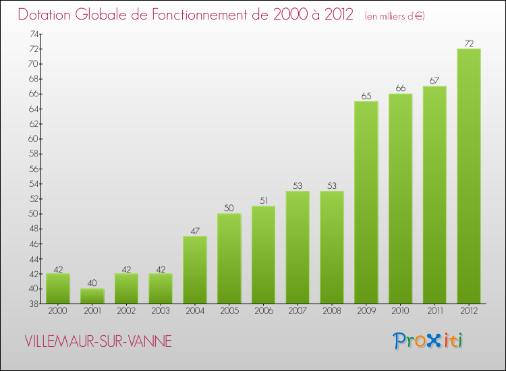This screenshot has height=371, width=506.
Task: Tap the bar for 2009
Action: point(366,202)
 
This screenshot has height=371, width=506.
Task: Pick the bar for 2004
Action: point(194,269)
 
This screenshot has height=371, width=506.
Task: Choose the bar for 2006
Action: point(263,254)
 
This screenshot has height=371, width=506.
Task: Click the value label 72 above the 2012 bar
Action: point(468,44)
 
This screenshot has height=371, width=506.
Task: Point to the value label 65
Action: point(366,96)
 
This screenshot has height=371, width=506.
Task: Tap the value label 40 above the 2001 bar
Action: point(92,283)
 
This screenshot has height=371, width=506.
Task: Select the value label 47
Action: point(194,231)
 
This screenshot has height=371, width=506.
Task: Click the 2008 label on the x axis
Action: point(331,310)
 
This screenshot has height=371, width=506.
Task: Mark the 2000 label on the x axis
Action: point(57,310)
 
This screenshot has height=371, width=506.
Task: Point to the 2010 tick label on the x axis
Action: point(400,310)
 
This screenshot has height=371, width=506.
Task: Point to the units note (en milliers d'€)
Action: point(395,16)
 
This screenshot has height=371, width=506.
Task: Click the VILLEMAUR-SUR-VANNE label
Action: point(99,341)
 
